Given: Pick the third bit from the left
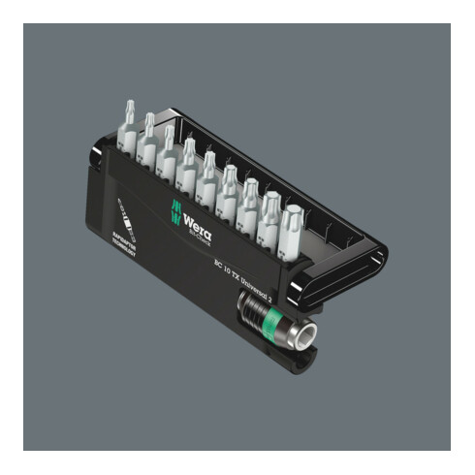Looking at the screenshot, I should point(169,149).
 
